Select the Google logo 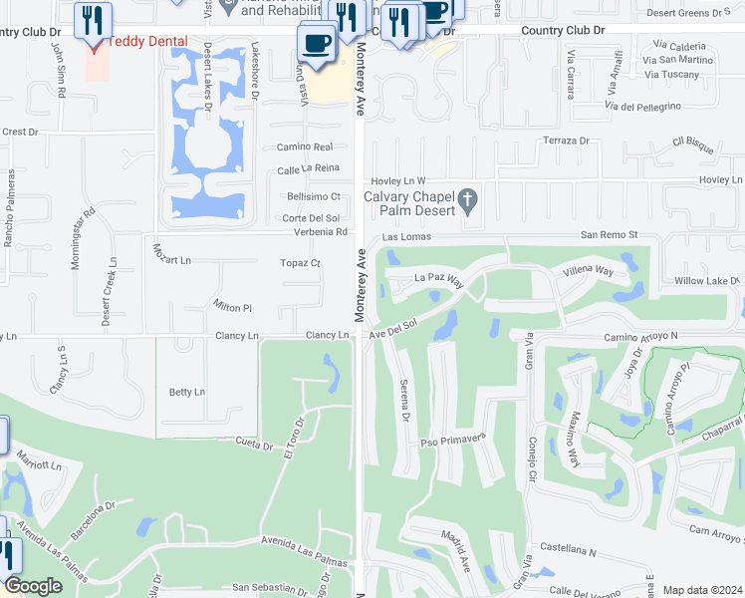(34, 586)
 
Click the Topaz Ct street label (301, 263)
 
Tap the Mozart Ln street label (170, 259)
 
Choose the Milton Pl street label (233, 306)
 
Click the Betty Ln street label (186, 392)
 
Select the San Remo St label (609, 236)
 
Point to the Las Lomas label (404, 238)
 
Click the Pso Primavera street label (452, 438)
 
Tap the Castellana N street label (567, 551)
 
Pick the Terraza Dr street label (566, 141)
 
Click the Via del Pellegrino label (642, 106)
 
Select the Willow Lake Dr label (709, 282)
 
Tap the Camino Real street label (298, 146)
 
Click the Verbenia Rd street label (320, 232)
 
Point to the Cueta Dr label (254, 442)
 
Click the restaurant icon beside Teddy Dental (93, 19)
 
